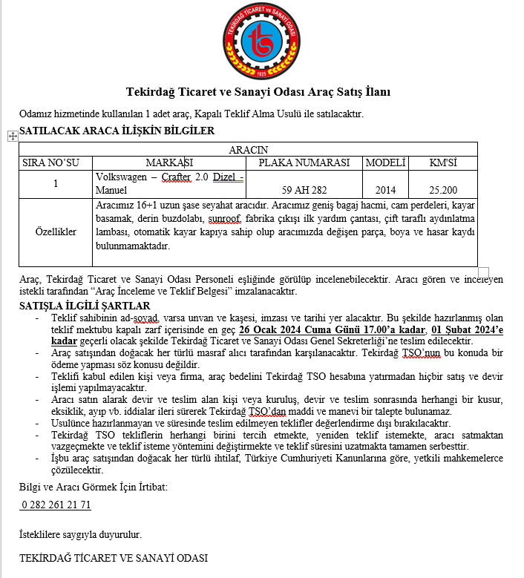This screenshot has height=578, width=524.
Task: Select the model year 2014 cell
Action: tap(386, 189)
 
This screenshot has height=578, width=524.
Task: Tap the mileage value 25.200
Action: tap(443, 189)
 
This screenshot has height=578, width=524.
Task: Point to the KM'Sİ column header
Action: tap(443, 162)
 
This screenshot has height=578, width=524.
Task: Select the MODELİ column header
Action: tap(386, 162)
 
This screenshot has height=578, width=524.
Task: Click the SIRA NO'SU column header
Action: tap(56, 162)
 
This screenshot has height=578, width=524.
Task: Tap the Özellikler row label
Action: tap(56, 232)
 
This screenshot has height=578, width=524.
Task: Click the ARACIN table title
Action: tap(248, 150)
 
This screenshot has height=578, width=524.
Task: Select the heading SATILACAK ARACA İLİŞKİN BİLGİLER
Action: tap(117, 131)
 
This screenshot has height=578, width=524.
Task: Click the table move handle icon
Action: tap(11, 136)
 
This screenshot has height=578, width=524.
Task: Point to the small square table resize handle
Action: tap(483, 272)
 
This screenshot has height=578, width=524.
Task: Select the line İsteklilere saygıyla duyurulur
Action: tap(80, 533)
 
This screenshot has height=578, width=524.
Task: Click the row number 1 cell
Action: tap(56, 183)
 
